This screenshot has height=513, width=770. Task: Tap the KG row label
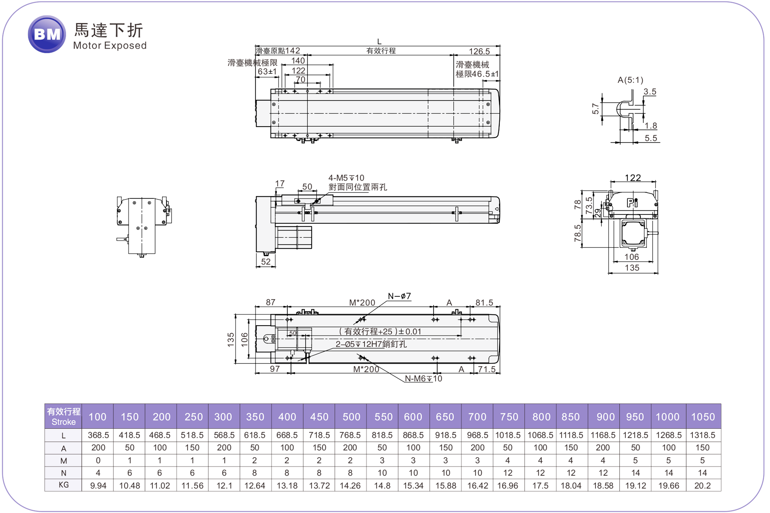tap(63, 485)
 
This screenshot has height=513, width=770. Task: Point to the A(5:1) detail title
tap(630, 80)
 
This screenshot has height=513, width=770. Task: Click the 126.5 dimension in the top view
tap(479, 51)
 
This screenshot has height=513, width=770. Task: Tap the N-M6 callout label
tap(423, 379)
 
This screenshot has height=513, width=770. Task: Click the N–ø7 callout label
tap(399, 296)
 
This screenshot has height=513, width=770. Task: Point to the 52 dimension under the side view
tap(266, 262)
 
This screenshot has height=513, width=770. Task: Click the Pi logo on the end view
tap(632, 203)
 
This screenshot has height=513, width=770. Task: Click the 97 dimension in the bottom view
tap(275, 369)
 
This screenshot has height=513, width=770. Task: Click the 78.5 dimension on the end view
tap(578, 233)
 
